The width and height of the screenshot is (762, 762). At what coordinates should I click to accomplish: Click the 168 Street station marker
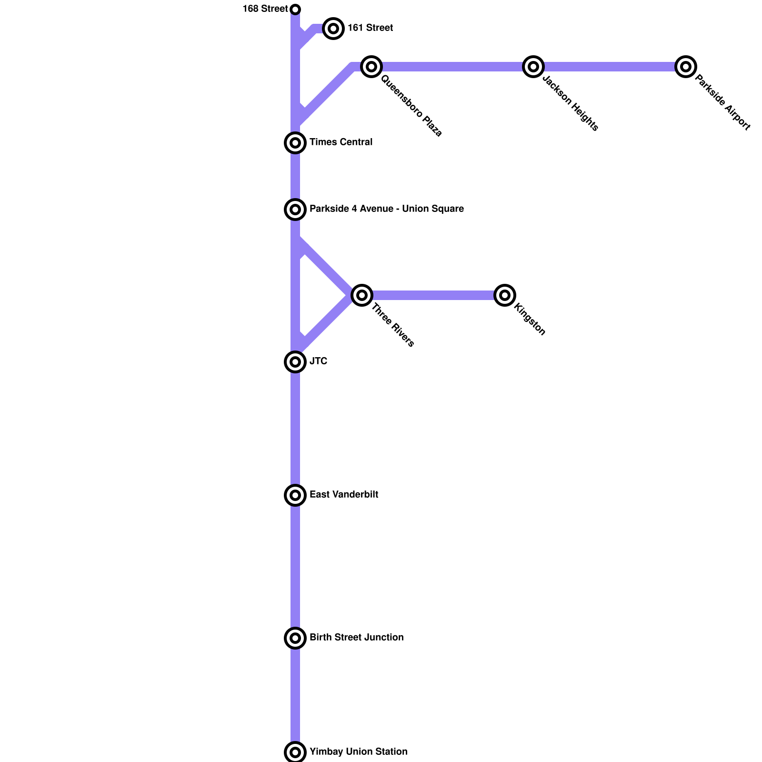[295, 10]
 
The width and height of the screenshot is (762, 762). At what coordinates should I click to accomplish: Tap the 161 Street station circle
[333, 29]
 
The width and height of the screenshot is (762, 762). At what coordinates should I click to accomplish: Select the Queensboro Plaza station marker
[371, 67]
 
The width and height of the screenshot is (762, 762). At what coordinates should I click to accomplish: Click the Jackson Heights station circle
[533, 67]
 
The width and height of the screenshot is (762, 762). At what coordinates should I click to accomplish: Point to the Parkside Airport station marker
[686, 67]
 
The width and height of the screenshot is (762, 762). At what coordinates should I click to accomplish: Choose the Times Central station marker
[295, 143]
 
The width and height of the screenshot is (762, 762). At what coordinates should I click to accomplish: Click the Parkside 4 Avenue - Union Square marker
[295, 210]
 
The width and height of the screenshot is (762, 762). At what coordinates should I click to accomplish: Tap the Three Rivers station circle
[362, 295]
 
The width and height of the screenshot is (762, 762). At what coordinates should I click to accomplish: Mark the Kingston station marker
[505, 295]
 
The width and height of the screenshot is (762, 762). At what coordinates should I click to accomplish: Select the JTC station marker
[295, 362]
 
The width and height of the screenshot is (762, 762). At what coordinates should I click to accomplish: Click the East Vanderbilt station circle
[295, 495]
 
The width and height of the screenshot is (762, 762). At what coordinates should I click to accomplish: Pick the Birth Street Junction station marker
[295, 638]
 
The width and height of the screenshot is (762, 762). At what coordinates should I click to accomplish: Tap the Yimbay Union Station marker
[295, 752]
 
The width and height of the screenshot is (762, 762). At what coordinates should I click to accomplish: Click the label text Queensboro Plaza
[411, 106]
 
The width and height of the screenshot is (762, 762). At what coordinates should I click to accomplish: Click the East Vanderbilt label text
[344, 495]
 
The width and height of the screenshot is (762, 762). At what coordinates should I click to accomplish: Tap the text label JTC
[319, 361]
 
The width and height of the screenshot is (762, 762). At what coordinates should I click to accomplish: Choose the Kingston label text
[530, 320]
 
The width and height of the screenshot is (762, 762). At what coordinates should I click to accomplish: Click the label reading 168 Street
[265, 9]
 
